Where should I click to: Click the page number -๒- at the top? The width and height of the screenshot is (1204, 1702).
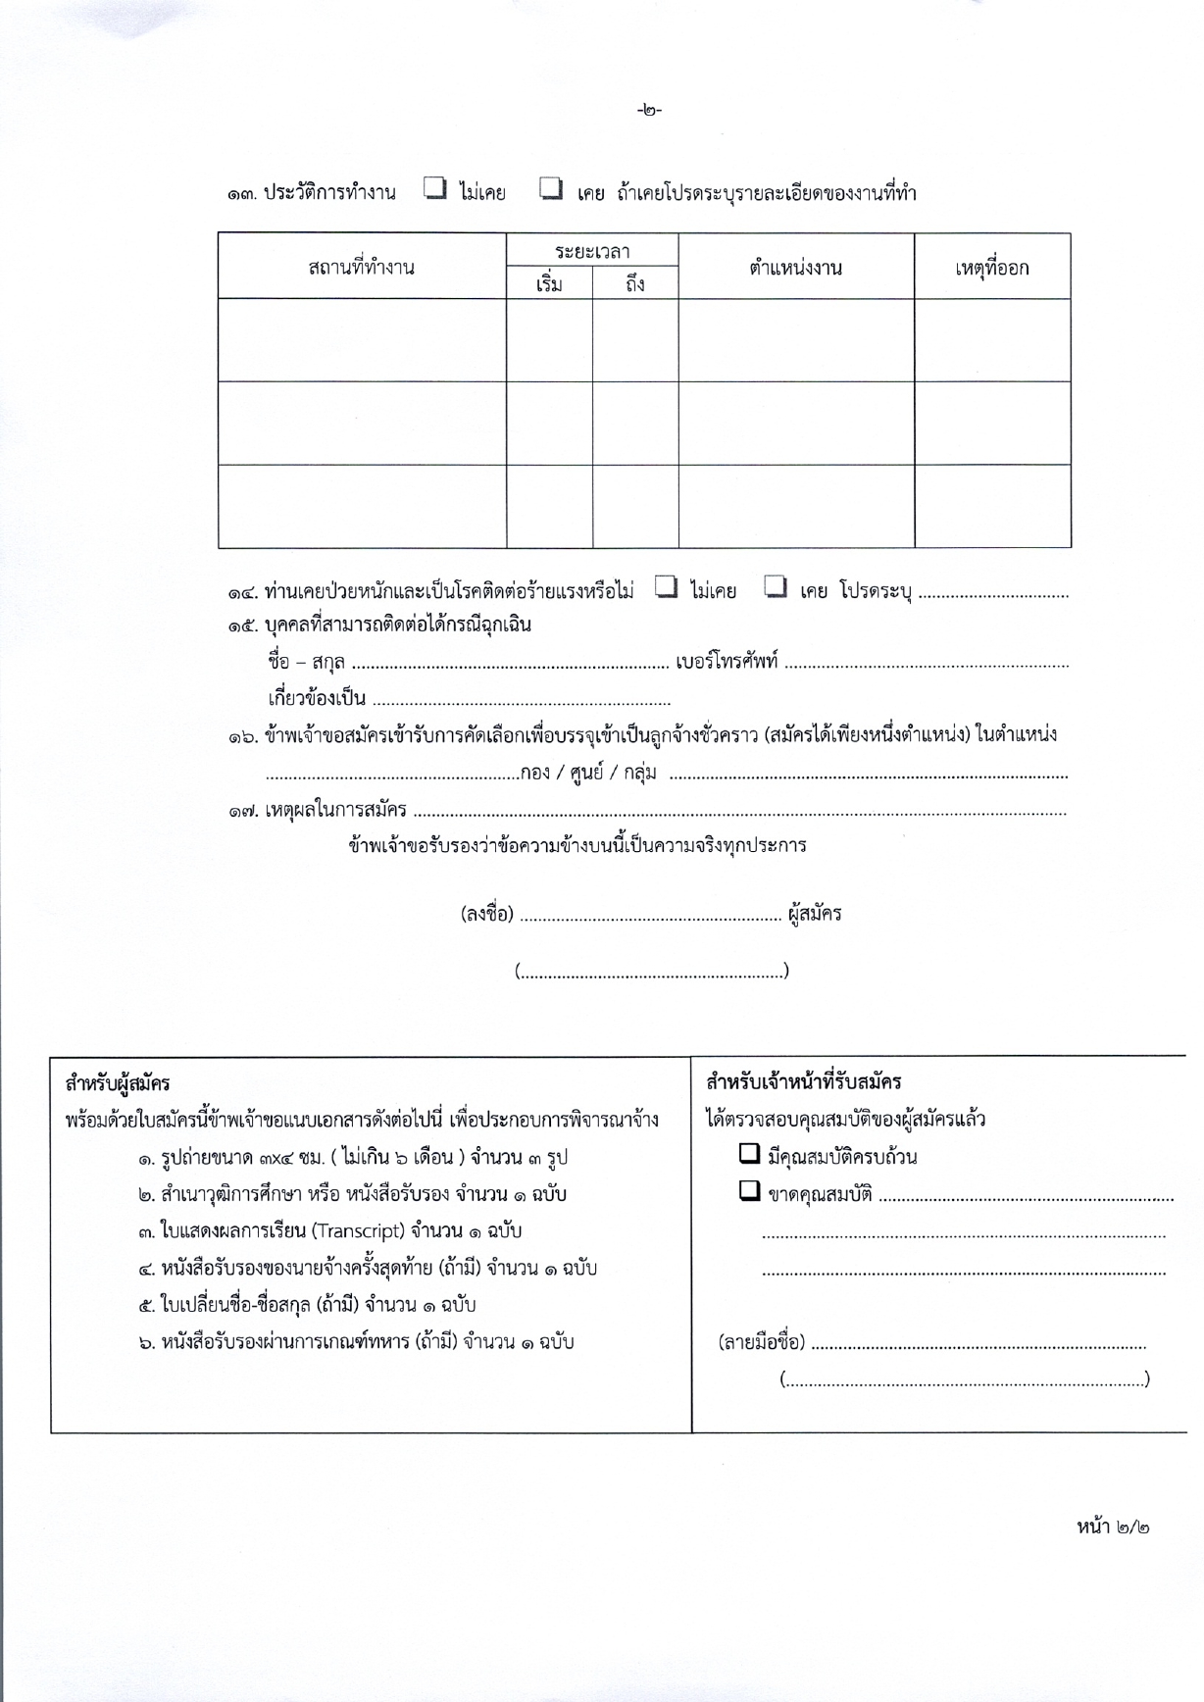pos(649,110)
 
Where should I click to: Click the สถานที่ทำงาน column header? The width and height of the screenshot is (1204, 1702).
pos(361,267)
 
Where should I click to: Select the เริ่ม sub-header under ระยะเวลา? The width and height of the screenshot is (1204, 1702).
pos(549,284)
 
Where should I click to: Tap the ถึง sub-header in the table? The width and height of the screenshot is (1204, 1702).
pos(634,284)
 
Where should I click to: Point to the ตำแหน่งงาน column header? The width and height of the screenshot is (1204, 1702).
pos(795,267)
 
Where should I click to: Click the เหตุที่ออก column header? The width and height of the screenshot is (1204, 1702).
pos(991,267)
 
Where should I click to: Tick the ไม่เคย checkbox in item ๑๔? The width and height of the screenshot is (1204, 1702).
pos(667,588)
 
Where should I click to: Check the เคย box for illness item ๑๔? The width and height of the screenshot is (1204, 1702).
pos(777,588)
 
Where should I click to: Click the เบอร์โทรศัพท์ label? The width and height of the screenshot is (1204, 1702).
pos(727,662)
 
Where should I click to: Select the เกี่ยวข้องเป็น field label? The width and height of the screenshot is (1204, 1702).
pos(317,699)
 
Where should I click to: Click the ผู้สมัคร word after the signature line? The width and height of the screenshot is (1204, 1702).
pos(815,914)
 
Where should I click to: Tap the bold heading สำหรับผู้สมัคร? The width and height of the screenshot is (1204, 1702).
pos(118,1083)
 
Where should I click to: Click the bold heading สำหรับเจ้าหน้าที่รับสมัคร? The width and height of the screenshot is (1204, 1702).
pos(803,1082)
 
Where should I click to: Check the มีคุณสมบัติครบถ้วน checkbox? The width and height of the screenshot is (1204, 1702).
pos(750,1154)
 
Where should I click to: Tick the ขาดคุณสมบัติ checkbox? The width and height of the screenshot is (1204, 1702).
pos(750,1192)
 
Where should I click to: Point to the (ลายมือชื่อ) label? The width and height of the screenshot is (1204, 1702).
pos(762,1342)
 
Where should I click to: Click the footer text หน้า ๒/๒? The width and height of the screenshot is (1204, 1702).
pos(1113,1527)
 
